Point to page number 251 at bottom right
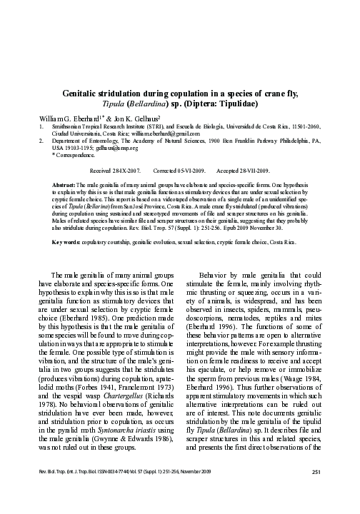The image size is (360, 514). coord(319,490)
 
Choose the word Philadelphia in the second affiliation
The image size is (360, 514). coord(289,141)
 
